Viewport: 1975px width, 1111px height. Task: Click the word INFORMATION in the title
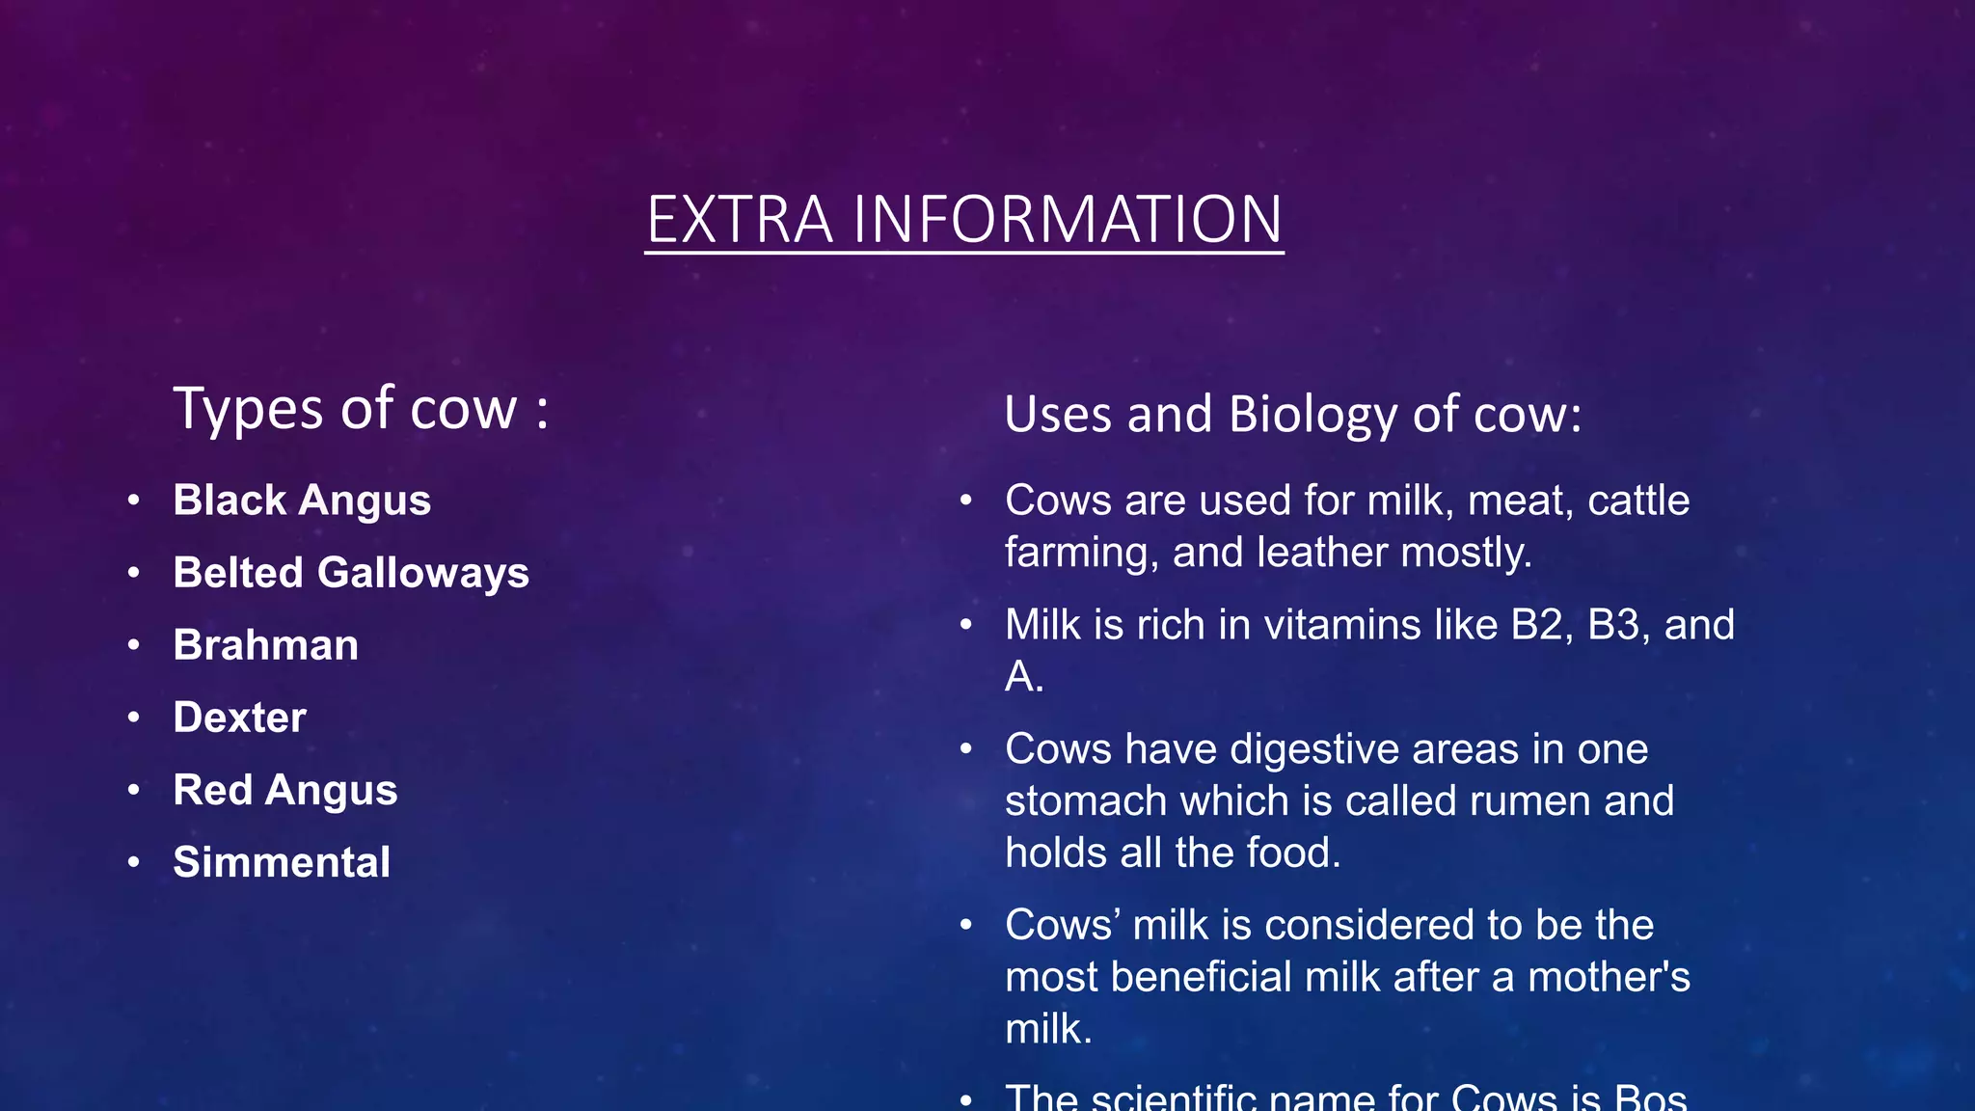click(x=1068, y=220)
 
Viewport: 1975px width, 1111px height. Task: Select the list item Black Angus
click(x=302, y=501)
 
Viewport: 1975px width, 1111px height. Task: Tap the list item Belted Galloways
click(x=351, y=573)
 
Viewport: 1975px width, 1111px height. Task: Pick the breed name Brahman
click(x=266, y=645)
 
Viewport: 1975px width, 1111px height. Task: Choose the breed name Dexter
click(x=240, y=718)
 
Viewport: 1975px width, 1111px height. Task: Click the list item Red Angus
click(x=285, y=790)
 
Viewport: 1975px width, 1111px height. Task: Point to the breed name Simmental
click(x=282, y=862)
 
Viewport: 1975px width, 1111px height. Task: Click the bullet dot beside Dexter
click(x=134, y=718)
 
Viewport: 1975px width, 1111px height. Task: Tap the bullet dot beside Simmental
click(x=134, y=862)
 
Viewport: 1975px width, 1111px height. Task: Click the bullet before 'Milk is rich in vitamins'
click(x=966, y=625)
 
